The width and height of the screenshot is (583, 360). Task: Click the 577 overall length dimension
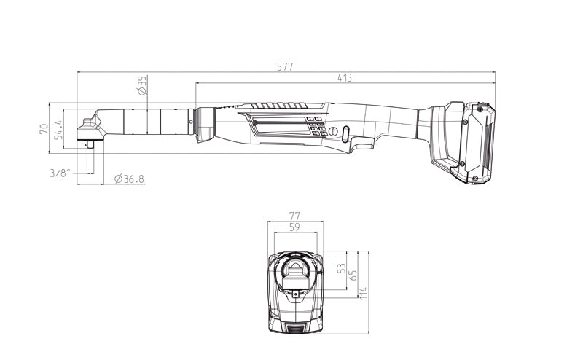tap(285, 66)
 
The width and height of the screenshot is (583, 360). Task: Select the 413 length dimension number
tap(345, 78)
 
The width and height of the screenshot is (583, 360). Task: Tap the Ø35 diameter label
tap(142, 85)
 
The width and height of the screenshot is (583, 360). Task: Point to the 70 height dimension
tap(44, 129)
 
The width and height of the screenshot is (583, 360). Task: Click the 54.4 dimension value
tap(58, 130)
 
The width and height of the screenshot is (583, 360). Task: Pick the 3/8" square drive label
tap(60, 173)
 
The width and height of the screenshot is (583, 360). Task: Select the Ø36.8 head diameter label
tap(130, 179)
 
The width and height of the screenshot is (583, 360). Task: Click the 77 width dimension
tap(294, 216)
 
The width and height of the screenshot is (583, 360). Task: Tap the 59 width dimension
tap(294, 227)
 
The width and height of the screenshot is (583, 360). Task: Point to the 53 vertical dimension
tap(341, 268)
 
